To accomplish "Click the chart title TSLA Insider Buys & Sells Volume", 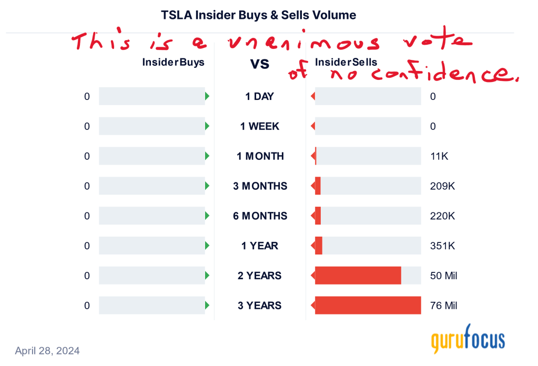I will (x=259, y=15).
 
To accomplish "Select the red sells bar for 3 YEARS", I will (x=368, y=306).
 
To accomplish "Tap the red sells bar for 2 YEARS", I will (x=358, y=276).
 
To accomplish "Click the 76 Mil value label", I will (x=444, y=306).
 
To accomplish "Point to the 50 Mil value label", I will (x=444, y=276).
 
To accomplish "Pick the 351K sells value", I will (x=442, y=246).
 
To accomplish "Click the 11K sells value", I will (x=439, y=156).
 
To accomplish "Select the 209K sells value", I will (x=442, y=186).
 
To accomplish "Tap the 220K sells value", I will (x=442, y=216).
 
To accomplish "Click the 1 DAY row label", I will (x=260, y=97).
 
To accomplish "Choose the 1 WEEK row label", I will (x=260, y=127).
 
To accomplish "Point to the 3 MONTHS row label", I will (x=260, y=186).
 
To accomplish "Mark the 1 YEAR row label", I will (x=260, y=246).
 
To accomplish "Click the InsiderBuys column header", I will (x=173, y=62).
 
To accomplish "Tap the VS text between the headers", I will (x=260, y=64).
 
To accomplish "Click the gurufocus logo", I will (x=468, y=339).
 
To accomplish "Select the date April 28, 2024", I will (x=47, y=350).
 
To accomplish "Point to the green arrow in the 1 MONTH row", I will (x=207, y=156).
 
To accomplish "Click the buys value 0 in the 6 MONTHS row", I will (x=87, y=216).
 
